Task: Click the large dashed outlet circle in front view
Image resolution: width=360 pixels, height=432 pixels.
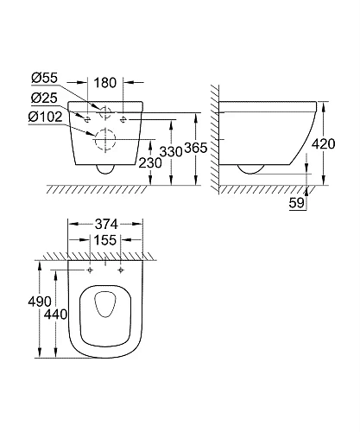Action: (x=104, y=139)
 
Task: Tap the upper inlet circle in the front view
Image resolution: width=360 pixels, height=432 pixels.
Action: (x=104, y=112)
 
